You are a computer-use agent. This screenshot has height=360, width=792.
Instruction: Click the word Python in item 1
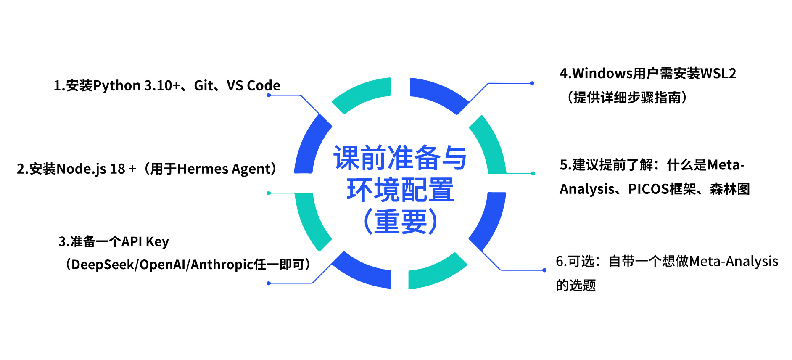tap(117, 86)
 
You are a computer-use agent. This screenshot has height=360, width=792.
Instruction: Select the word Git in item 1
tap(203, 86)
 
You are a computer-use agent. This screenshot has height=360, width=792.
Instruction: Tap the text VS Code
tap(253, 86)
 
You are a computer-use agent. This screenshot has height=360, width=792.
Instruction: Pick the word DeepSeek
tap(103, 265)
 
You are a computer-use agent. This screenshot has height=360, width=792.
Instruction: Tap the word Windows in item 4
tap(602, 74)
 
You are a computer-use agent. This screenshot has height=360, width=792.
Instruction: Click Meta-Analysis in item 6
tap(734, 261)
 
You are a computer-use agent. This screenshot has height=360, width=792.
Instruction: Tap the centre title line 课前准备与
tap(400, 158)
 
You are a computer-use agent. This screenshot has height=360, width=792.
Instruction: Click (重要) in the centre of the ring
tap(400, 222)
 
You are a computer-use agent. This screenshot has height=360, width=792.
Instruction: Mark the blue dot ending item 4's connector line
tap(532, 83)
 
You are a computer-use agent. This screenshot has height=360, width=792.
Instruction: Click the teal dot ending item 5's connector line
tap(533, 173)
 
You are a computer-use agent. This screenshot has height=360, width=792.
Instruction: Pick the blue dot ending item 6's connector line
tap(544, 270)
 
